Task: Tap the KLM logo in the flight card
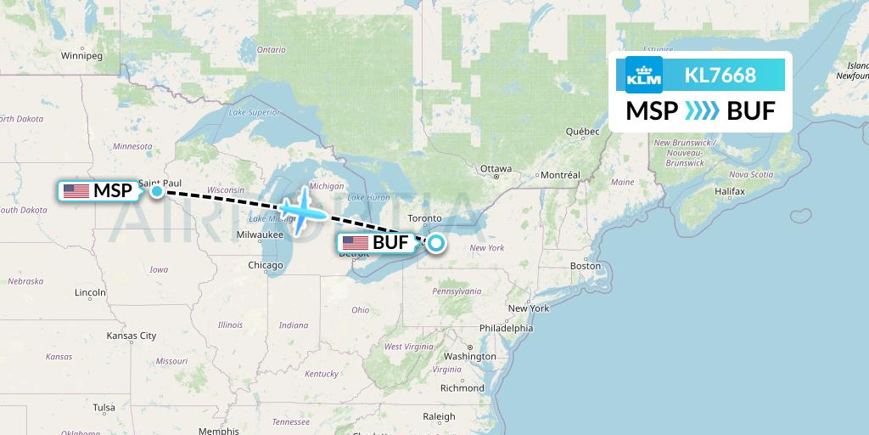[x=642, y=76]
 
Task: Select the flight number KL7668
[x=720, y=76]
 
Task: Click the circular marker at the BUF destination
[x=435, y=244]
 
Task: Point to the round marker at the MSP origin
[x=157, y=191]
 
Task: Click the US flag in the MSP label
[x=76, y=191]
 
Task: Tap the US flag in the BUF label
[x=355, y=244]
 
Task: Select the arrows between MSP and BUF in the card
[x=701, y=111]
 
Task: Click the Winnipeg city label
[x=81, y=56]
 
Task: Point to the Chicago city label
[x=266, y=266]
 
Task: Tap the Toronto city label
[x=424, y=218]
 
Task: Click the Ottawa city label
[x=496, y=168]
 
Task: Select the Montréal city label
[x=560, y=175]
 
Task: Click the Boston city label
[x=585, y=266]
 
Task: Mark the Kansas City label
[x=131, y=336]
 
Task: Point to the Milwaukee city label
[x=260, y=234]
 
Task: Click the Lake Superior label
[x=255, y=111]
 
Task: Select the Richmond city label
[x=463, y=388]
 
